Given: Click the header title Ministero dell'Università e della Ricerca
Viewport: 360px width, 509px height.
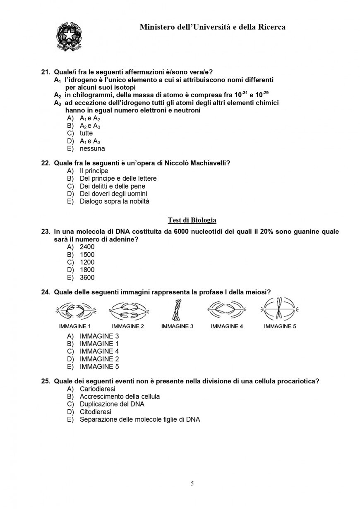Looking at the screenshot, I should (212, 27).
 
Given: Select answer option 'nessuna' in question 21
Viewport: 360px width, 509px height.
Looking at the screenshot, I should (92, 148).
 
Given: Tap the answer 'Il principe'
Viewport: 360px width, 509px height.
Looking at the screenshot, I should (94, 171).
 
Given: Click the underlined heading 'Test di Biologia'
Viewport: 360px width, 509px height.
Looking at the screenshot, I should (192, 220).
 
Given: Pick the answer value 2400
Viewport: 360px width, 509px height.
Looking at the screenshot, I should (87, 247).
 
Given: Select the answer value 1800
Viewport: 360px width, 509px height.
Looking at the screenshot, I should (87, 270).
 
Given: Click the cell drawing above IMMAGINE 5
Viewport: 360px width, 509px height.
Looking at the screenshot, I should (280, 310).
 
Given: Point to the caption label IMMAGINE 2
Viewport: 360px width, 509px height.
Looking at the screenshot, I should (128, 326).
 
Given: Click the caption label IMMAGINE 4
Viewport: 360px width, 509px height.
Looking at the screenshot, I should (227, 326).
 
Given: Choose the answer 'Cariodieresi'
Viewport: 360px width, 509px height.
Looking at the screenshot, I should (97, 389).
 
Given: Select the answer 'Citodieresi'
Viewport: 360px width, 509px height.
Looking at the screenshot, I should (95, 412).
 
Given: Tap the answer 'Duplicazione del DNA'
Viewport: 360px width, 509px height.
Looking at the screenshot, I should (112, 404).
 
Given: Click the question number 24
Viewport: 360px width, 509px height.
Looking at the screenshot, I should (46, 292).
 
